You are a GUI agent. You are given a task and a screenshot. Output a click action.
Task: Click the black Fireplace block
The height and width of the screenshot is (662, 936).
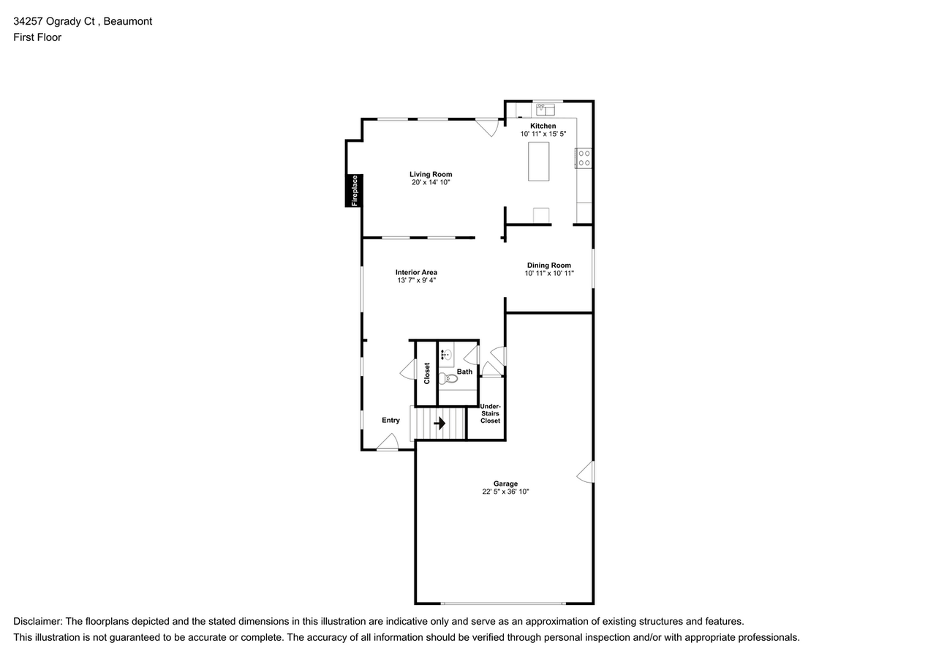click(353, 191)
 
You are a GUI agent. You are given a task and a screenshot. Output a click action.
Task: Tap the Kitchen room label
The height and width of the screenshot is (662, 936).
click(543, 126)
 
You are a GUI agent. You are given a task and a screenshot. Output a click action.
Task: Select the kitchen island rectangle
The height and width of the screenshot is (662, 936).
click(538, 162)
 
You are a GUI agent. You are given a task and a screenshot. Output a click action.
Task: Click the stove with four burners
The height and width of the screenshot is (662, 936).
click(584, 158)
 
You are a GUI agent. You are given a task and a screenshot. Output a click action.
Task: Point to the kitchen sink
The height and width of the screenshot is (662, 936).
click(546, 110)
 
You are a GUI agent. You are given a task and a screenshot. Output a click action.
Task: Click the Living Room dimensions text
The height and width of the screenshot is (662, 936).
click(431, 182)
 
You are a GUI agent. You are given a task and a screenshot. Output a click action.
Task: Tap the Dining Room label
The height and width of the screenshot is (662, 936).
click(548, 265)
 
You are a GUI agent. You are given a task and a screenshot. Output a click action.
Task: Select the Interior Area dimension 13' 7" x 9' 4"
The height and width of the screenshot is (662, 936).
click(416, 280)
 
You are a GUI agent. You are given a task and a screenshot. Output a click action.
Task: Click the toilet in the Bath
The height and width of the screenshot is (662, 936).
click(448, 379)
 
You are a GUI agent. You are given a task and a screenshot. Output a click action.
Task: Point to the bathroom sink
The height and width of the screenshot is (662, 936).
click(446, 355)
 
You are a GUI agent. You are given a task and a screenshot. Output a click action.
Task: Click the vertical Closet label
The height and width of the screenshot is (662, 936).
click(426, 373)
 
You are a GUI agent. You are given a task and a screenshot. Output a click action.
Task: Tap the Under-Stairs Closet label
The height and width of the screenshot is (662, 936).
click(490, 413)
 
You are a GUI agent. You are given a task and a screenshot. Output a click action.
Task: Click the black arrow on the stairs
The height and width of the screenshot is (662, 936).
click(439, 424)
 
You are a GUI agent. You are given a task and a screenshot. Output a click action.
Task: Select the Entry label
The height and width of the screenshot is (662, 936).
click(390, 420)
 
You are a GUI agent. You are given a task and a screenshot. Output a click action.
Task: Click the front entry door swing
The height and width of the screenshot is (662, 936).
click(388, 442)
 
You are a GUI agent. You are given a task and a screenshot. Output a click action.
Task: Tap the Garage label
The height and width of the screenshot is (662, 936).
click(505, 484)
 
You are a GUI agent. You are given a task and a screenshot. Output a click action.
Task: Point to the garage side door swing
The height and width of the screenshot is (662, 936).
click(586, 472)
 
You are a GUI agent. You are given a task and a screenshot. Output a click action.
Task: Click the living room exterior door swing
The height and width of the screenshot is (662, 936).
click(487, 127)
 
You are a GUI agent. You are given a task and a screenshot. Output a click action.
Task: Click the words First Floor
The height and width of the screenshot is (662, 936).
click(37, 37)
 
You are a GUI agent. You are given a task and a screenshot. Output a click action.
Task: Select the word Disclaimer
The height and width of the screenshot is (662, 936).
click(37, 622)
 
